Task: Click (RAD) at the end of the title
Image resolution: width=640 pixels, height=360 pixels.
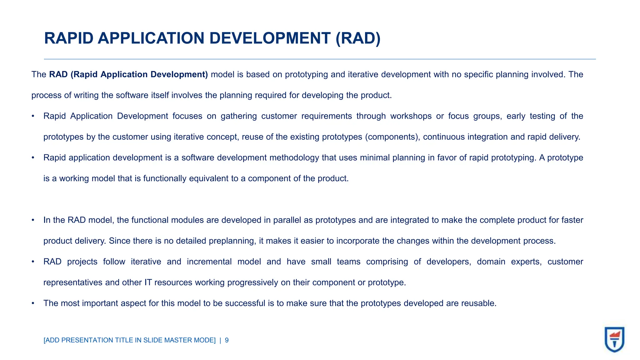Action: point(358,38)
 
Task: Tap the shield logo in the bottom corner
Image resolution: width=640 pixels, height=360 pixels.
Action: point(614,339)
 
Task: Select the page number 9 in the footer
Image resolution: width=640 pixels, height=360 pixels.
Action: point(227,340)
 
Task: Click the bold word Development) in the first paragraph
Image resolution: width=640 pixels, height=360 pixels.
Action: point(179,74)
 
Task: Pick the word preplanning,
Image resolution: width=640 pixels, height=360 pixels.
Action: point(232,241)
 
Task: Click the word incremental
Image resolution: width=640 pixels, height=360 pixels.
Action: point(209,262)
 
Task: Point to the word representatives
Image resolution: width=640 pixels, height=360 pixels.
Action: point(73,282)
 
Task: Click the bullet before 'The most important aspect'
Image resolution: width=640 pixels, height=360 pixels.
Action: point(33,303)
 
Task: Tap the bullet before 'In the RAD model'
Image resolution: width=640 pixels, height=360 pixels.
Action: point(33,220)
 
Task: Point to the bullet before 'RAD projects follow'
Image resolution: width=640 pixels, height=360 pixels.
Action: point(33,262)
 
